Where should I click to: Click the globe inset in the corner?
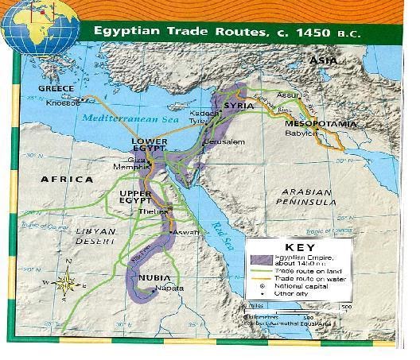tap(40, 28)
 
